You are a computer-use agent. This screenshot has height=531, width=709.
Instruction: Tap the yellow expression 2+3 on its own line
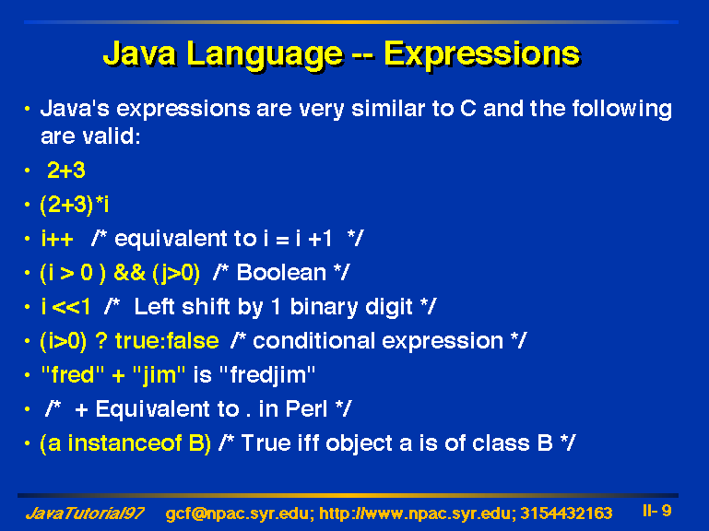click(x=66, y=171)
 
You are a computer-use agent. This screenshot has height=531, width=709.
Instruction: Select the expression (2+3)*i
click(x=74, y=206)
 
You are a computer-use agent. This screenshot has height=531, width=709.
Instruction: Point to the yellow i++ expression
click(x=57, y=239)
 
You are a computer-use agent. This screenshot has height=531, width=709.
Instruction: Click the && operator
click(x=130, y=273)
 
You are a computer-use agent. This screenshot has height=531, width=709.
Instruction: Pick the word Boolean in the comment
click(x=281, y=272)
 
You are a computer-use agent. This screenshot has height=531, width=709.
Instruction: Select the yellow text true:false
click(x=167, y=340)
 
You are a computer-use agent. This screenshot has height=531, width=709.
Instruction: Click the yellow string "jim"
click(x=160, y=375)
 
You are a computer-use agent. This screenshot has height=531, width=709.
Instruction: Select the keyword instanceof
click(x=124, y=443)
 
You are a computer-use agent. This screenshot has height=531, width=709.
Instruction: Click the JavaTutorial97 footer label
click(x=85, y=513)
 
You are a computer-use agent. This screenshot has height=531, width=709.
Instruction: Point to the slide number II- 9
click(x=657, y=511)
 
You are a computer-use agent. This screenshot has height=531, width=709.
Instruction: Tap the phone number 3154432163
click(x=566, y=513)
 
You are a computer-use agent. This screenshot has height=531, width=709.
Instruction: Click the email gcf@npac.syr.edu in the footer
click(x=240, y=514)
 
